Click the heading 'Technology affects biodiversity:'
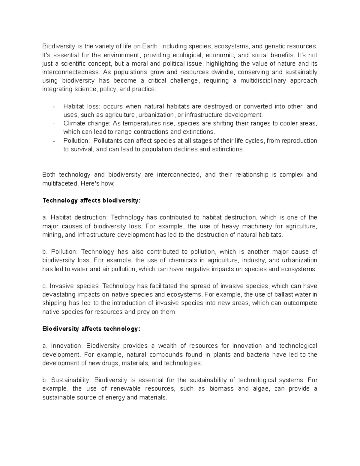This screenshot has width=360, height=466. [91, 200]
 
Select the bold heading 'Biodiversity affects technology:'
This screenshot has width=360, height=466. [91, 329]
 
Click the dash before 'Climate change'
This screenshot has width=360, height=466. [53, 123]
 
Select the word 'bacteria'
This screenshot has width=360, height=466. [258, 354]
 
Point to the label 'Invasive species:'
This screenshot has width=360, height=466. [75, 286]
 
